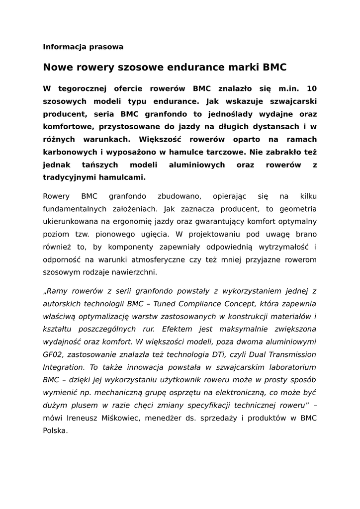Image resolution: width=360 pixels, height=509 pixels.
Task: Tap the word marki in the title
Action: (x=244, y=67)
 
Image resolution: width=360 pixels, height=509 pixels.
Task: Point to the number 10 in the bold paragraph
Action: (x=312, y=88)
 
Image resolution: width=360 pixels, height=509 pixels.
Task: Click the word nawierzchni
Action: (x=135, y=272)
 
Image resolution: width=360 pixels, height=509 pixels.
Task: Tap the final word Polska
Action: (x=55, y=431)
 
